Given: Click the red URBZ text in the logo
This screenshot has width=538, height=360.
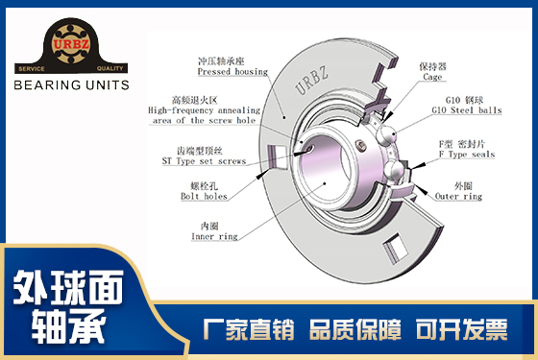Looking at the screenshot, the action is pos(71,44).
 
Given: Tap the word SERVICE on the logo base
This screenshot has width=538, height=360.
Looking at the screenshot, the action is pos(32,68).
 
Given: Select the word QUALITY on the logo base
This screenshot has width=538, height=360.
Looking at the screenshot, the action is pos(110,68).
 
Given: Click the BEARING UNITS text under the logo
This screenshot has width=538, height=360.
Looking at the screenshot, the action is pos(71,85).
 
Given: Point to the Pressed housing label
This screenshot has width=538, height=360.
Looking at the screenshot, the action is pos(232,72).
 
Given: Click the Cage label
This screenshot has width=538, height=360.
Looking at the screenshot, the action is pos(432,77).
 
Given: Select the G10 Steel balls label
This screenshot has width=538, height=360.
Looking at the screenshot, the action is pos(467,110).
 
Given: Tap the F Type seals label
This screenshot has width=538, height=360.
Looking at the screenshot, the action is pos(467,155).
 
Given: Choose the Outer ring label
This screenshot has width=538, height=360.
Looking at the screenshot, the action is pos(458,196).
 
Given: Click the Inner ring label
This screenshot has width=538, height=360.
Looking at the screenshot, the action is pos(214,236).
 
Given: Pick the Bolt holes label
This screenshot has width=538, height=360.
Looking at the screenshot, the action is pos(204,196).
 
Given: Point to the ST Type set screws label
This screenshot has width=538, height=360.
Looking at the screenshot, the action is pos(204,161).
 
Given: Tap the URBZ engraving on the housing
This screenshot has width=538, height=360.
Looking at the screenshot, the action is pos(311,81).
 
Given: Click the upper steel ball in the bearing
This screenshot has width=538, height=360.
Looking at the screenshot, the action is pos(385,135).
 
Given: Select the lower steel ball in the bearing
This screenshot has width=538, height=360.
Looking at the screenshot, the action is pos(394,171).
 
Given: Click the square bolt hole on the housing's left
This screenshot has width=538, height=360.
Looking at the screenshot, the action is pos(278,157).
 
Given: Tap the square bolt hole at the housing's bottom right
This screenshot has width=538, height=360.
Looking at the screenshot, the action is pos(396,249).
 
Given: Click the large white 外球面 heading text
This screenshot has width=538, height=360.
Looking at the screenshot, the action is pos(68,287).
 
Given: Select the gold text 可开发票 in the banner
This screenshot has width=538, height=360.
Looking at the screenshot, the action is pos(461,329).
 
